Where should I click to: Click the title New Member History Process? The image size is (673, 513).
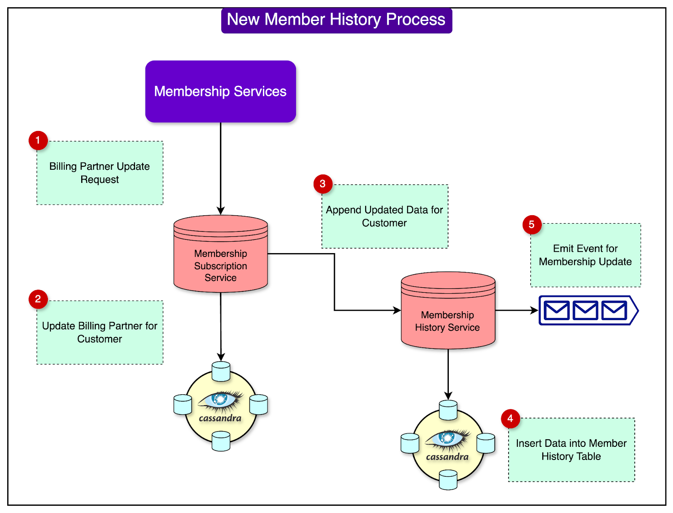336,20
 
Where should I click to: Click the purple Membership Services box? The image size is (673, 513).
220,91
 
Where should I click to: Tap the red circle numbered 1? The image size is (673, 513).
38,140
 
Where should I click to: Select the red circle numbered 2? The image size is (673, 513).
38,299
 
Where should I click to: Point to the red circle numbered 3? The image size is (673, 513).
323,184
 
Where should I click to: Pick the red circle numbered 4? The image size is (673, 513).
510,419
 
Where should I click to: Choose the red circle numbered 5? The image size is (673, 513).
532,224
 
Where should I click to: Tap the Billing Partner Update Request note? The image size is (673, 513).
100,173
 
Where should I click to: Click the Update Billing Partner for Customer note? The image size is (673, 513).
100,332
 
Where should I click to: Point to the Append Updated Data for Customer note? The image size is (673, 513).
384,216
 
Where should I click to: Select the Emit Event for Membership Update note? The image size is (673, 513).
585,255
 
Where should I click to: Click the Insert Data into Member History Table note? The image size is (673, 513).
571,450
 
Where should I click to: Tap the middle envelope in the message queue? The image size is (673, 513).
585,310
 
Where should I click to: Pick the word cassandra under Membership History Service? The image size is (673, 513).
447,457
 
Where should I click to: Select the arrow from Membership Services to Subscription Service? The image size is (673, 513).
220,168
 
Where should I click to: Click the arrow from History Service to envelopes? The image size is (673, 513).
517,310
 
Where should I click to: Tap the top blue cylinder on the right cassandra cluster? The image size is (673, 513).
448,410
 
